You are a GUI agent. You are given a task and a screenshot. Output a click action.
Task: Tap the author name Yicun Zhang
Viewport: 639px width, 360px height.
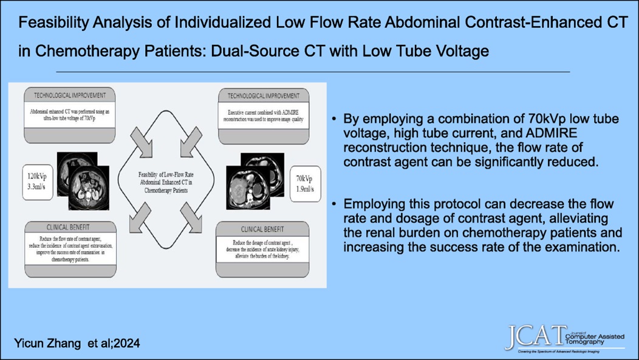pos(45,344)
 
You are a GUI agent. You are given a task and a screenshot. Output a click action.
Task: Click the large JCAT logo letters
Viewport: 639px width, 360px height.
pos(533,337)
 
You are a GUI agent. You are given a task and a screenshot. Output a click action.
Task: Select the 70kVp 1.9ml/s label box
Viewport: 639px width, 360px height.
pos(304,183)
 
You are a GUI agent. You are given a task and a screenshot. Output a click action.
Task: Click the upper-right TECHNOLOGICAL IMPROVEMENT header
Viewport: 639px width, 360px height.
pos(263,96)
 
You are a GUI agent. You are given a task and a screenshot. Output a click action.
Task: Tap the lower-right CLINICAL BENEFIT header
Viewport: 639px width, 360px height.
pos(262,230)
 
